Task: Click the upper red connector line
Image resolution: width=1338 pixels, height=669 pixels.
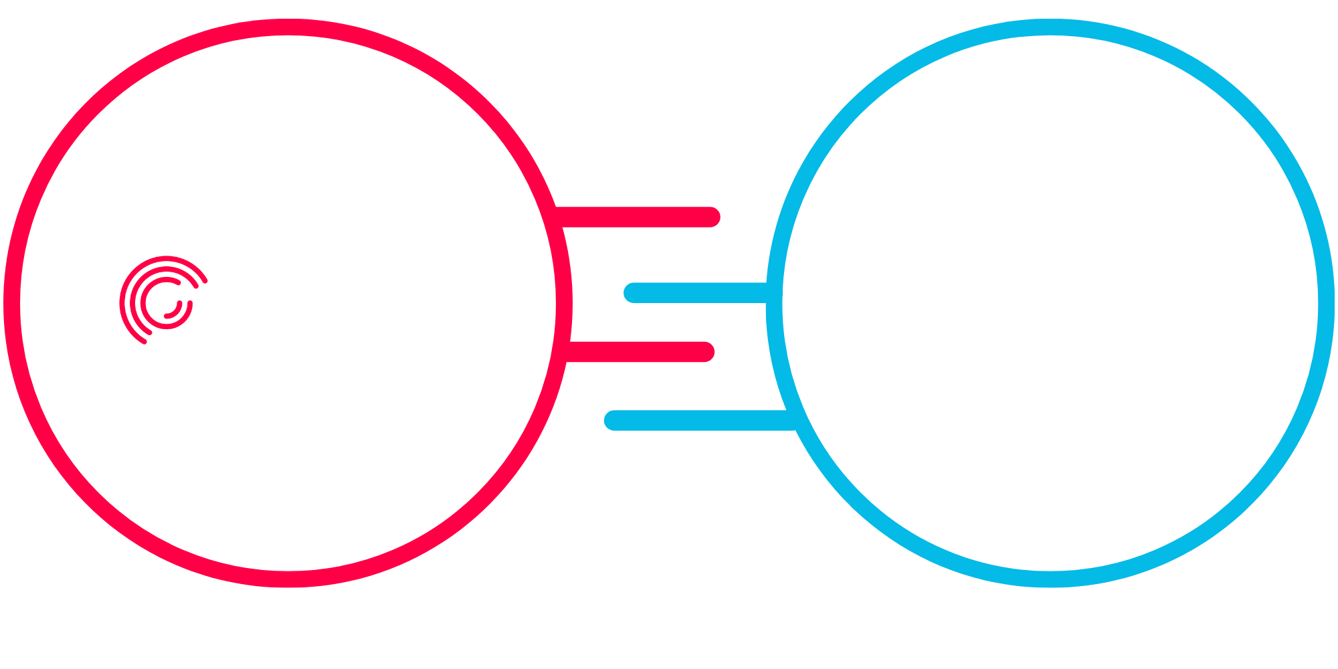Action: (x=636, y=217)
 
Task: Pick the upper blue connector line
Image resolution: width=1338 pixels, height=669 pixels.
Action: (x=696, y=293)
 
